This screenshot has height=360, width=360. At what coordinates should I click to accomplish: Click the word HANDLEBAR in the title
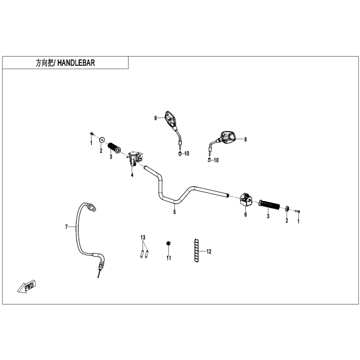click(x=76, y=63)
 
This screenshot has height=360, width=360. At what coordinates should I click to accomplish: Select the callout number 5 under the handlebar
click(x=174, y=212)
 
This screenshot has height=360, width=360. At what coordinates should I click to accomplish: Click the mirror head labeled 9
click(x=171, y=119)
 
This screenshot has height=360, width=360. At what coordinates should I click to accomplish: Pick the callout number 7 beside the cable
click(x=66, y=227)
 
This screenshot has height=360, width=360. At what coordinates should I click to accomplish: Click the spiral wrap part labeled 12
click(x=196, y=250)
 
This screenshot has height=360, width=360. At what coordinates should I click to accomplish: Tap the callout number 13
click(x=143, y=237)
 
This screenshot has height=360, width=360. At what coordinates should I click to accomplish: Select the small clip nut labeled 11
click(x=168, y=243)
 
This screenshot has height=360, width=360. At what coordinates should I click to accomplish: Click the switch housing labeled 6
click(x=246, y=200)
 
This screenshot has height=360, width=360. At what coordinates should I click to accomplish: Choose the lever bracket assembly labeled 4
click(x=135, y=158)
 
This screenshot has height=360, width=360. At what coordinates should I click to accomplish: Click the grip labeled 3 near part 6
click(x=269, y=205)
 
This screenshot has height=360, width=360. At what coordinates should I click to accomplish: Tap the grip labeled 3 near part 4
click(x=114, y=148)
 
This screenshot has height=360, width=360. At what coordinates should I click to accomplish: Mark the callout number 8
click(x=245, y=139)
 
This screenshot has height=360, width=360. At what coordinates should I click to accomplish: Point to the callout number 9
click(x=155, y=118)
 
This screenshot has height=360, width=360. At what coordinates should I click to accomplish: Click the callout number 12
click(x=209, y=251)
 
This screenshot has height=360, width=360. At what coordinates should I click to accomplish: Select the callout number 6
click(x=246, y=214)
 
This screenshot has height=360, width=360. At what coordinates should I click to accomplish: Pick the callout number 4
click(x=132, y=175)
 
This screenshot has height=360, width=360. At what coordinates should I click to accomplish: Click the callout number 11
click(x=169, y=258)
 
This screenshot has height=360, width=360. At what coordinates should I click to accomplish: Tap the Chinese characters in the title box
click(x=45, y=63)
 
